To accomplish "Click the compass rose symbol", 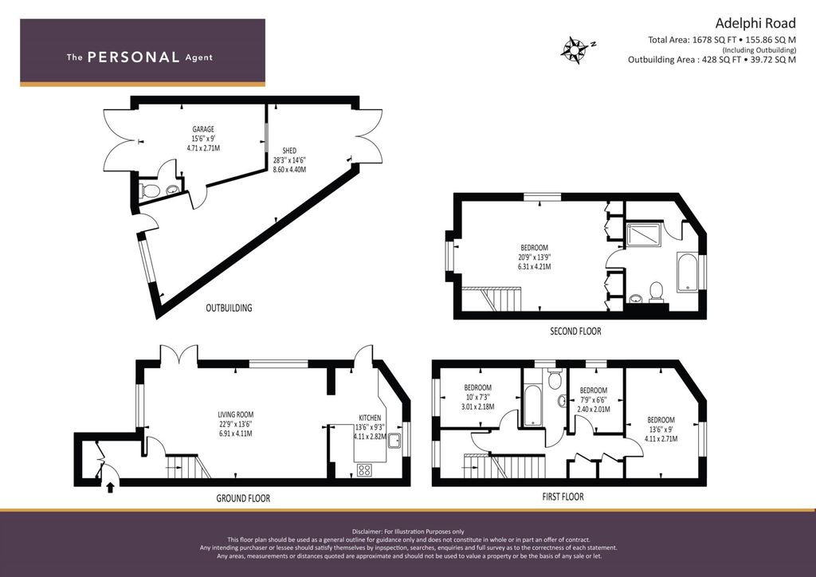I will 575,49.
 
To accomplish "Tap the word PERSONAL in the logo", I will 133,57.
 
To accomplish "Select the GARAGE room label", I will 203,129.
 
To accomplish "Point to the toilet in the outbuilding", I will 151,190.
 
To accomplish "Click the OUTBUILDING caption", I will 229,308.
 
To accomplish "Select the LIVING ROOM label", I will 235,414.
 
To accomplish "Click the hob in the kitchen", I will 366,469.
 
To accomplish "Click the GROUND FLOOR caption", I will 243,498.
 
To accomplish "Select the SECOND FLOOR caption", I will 575,331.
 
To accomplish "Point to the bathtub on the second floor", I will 686,273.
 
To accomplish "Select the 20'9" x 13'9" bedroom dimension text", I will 534,257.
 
